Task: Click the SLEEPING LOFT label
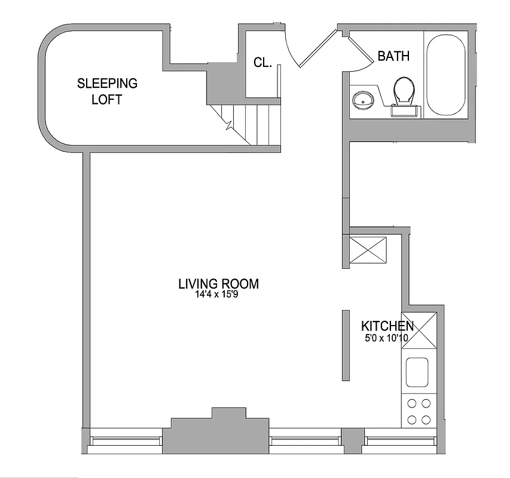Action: tap(107, 91)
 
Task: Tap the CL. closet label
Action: tap(263, 62)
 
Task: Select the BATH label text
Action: tap(393, 57)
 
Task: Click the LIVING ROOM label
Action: tap(218, 284)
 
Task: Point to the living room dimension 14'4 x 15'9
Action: tap(218, 295)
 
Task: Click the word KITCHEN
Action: tap(387, 326)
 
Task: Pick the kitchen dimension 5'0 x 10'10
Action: tap(386, 338)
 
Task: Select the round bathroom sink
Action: tap(362, 99)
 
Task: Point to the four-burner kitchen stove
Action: tap(417, 411)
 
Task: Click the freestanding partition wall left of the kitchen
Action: tap(345, 345)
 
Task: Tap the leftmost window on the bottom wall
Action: tap(126, 441)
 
